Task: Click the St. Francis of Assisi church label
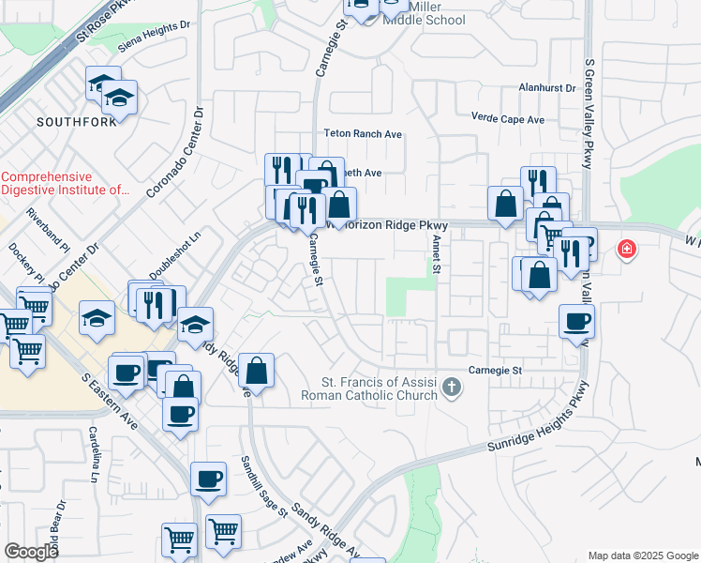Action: coord(379,388)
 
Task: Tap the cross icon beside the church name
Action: coord(452,387)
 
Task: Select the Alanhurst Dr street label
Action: coord(547,87)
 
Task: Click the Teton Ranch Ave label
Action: coord(363,134)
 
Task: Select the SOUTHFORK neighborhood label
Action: coord(77,122)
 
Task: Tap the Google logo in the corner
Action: coord(31,552)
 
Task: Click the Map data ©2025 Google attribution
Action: coord(642,555)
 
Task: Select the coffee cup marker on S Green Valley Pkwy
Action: coord(576,322)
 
